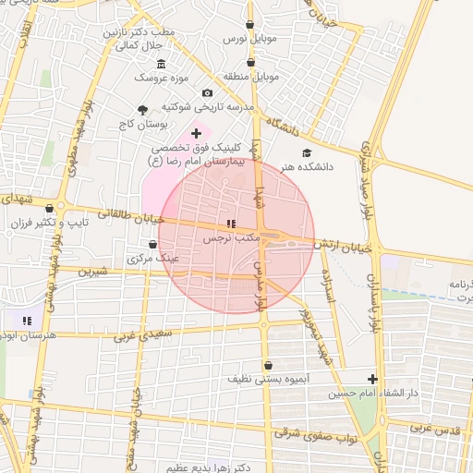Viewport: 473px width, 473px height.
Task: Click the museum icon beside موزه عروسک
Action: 162,64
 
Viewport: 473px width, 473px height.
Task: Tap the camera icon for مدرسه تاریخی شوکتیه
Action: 207,93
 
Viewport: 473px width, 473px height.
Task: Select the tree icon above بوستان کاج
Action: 141,109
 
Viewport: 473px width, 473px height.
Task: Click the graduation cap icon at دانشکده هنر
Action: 307,152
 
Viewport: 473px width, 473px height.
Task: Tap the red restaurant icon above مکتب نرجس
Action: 231,224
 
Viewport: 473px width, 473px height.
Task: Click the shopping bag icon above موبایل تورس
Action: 251,25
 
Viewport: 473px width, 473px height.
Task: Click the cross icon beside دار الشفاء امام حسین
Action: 372,379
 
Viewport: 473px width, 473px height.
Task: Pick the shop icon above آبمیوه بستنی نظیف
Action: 268,365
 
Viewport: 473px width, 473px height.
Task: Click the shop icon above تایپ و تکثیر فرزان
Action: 49,209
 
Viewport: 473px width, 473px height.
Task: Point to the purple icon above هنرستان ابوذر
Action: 27,321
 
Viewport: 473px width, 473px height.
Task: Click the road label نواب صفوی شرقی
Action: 314,435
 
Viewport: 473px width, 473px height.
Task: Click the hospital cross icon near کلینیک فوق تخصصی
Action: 196,134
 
